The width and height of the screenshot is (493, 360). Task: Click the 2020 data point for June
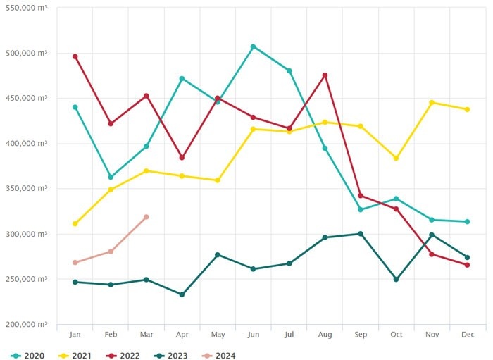(253, 46)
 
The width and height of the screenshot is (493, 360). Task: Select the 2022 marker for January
(75, 56)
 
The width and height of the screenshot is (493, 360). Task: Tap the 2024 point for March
(146, 217)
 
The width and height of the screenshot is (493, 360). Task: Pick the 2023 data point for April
(182, 294)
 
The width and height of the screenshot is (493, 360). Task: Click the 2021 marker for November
(432, 102)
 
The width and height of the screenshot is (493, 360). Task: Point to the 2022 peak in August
(325, 75)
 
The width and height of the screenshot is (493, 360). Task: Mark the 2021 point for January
(75, 224)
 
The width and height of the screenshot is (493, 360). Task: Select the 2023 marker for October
(396, 280)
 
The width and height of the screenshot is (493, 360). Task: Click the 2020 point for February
(111, 177)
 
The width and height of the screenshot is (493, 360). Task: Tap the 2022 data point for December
(467, 265)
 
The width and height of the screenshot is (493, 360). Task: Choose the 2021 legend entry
(77, 355)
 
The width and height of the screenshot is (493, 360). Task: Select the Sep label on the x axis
(360, 335)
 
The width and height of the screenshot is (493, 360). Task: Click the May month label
(218, 335)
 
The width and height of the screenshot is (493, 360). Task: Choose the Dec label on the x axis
(467, 335)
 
